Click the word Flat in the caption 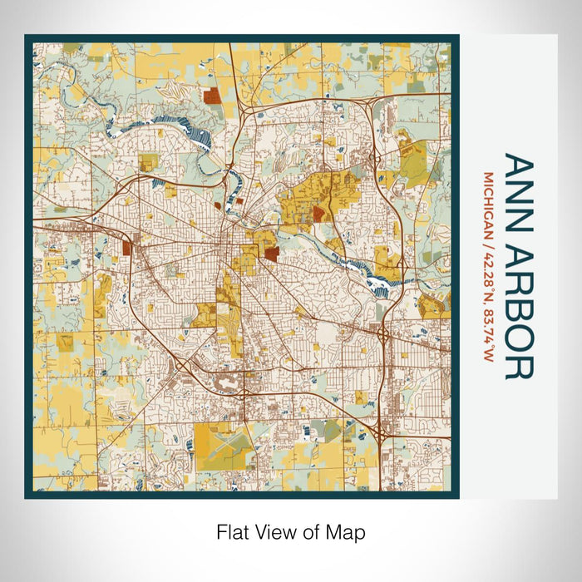tap(233, 531)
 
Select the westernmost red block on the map tap(127, 247)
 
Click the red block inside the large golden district tap(318, 215)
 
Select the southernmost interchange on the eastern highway tap(380, 432)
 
